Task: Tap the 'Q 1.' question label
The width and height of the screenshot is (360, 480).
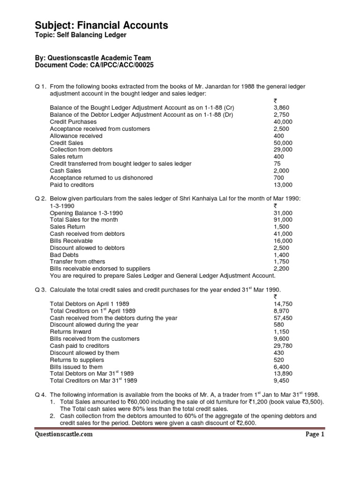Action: [41, 86]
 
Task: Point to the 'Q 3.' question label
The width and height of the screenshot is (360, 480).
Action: [41, 289]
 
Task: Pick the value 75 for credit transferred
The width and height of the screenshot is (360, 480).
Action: [277, 164]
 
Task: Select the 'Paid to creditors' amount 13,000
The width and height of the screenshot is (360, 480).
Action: [283, 185]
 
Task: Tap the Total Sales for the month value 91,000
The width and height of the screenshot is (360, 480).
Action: [283, 219]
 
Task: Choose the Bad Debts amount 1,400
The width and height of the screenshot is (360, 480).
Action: [281, 255]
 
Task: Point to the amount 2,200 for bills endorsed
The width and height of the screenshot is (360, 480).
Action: [281, 269]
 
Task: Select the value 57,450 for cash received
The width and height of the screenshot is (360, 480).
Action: [283, 318]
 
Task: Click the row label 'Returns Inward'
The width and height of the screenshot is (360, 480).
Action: [70, 332]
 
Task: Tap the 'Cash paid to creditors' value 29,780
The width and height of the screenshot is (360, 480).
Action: [283, 345]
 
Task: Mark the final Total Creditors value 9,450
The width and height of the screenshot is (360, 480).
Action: [281, 381]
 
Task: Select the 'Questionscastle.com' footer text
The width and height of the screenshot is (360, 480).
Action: [64, 434]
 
